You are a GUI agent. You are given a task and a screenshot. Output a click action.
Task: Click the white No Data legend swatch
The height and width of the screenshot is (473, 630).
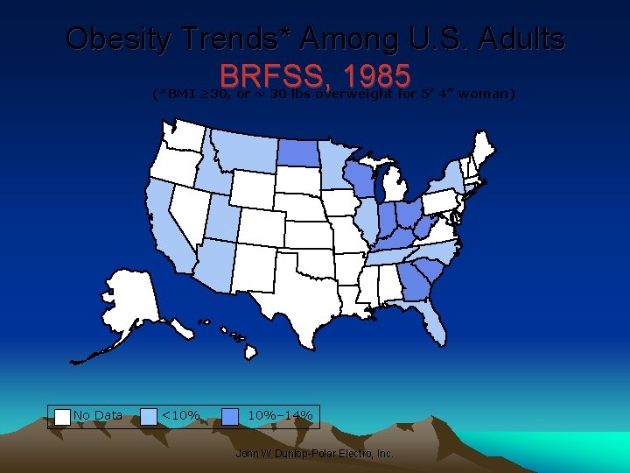click(x=63, y=416)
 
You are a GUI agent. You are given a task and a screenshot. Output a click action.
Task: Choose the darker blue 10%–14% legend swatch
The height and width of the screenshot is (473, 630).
click(x=231, y=416)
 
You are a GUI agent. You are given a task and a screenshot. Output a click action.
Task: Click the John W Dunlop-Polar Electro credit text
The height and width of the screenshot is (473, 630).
click(x=315, y=454)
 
